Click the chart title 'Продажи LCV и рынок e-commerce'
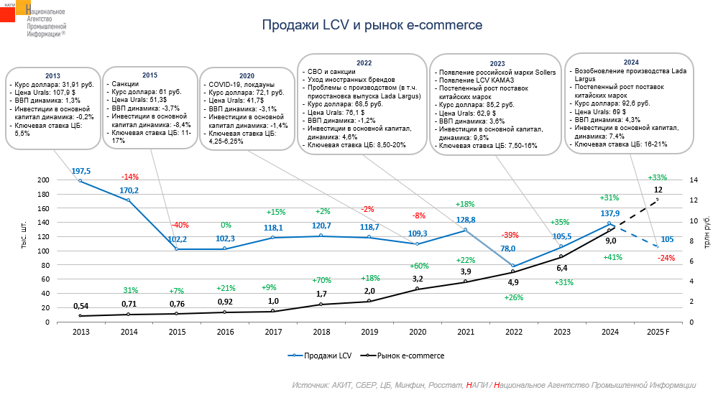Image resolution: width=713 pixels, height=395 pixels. tap(372, 26)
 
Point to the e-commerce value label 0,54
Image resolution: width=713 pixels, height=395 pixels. tap(80, 305)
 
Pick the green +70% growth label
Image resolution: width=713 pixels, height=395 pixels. tap(321, 280)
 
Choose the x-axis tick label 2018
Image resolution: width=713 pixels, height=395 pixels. tap(321, 332)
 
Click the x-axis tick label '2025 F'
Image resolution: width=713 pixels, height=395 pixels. tap(658, 332)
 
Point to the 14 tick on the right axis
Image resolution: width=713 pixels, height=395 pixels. tap(692, 180)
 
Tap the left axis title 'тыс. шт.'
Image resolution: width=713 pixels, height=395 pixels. tap(24, 236)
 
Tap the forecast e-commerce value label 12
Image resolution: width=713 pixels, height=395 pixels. tap(658, 190)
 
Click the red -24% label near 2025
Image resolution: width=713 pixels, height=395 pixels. tap(666, 258)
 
